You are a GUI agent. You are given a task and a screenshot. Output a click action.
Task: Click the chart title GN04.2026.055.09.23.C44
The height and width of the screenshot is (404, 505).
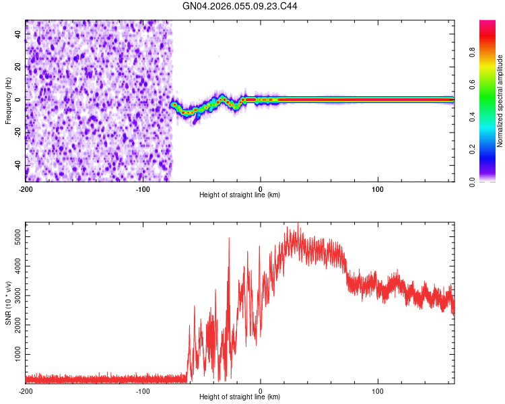click(x=240, y=7)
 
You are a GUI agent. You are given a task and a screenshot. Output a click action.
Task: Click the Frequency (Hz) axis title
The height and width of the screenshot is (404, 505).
click(x=8, y=101)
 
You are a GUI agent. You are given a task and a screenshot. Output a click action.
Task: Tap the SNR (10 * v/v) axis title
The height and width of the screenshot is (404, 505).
click(x=8, y=303)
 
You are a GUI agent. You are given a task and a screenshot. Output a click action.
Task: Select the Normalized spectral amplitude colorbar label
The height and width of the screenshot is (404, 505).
click(x=500, y=101)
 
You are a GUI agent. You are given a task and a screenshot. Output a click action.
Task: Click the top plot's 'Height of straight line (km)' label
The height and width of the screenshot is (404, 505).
click(x=240, y=195)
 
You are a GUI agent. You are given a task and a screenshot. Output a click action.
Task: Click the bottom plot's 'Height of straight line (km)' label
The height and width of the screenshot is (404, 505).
click(x=240, y=397)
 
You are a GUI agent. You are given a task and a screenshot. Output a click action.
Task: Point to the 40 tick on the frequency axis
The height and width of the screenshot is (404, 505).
click(x=18, y=34)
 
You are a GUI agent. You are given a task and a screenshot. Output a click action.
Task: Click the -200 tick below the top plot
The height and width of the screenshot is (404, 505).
click(x=26, y=188)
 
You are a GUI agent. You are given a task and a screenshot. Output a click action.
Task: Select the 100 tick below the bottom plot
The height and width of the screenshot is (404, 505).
click(x=378, y=390)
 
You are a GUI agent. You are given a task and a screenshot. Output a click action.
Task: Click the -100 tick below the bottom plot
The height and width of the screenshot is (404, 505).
click(x=143, y=390)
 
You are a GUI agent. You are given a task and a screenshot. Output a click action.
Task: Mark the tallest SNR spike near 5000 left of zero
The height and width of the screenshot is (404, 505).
click(x=229, y=238)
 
